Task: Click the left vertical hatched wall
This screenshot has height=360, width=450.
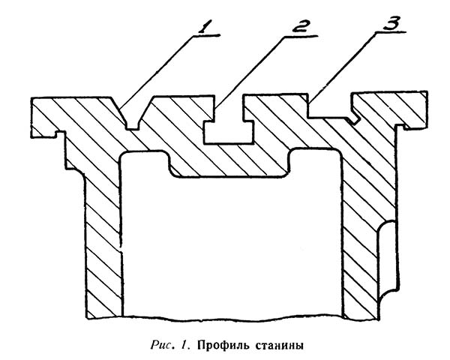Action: [103, 240]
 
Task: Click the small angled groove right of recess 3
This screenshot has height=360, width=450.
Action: [355, 118]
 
